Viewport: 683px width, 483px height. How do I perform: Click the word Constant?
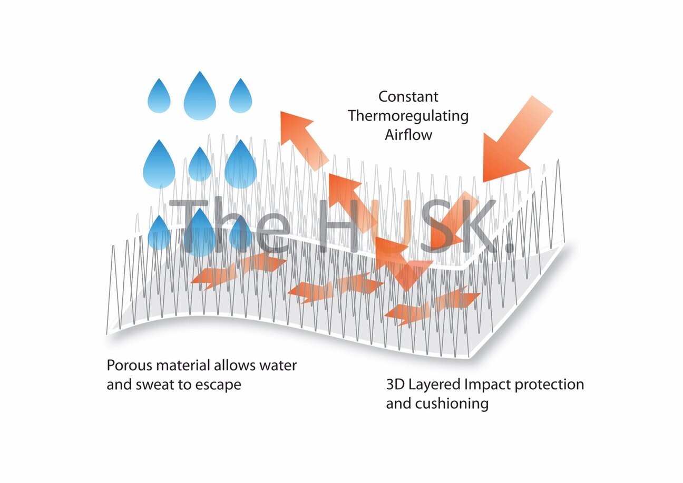[x=408, y=96]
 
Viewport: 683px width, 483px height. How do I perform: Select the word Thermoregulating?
[x=408, y=116]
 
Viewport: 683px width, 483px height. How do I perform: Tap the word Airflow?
[x=408, y=135]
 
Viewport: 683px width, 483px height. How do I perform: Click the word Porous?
[x=129, y=365]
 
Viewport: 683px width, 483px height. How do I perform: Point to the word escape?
[x=218, y=385]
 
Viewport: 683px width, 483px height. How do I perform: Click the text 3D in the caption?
[x=395, y=385]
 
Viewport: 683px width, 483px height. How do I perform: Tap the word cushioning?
[x=452, y=404]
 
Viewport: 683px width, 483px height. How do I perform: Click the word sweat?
[x=154, y=385]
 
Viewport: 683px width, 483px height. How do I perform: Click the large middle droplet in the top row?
[x=200, y=96]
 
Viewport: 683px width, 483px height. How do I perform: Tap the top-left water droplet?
[x=159, y=96]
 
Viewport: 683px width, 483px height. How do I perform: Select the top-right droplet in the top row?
[x=240, y=96]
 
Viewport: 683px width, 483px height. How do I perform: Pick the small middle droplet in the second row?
[x=200, y=164]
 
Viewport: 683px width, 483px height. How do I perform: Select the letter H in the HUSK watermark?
[x=337, y=226]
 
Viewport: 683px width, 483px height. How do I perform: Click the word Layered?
[x=434, y=385]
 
